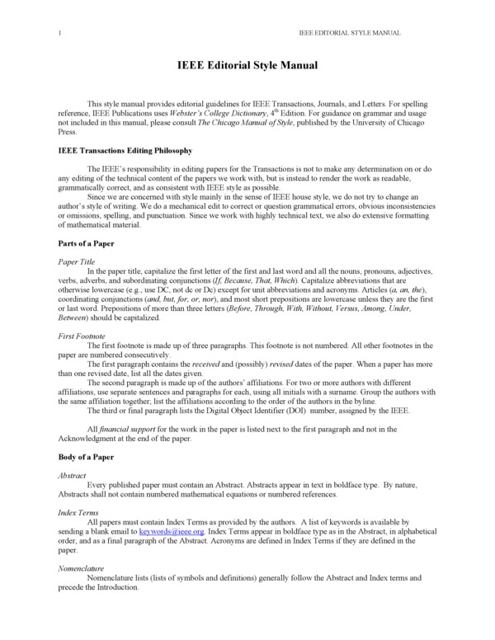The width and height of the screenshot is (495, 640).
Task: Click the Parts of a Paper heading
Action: coord(86,244)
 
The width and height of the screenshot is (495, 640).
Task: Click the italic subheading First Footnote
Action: coord(82,338)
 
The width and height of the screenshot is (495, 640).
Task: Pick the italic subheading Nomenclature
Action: coord(82,569)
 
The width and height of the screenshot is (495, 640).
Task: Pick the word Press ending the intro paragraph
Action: coord(68,131)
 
